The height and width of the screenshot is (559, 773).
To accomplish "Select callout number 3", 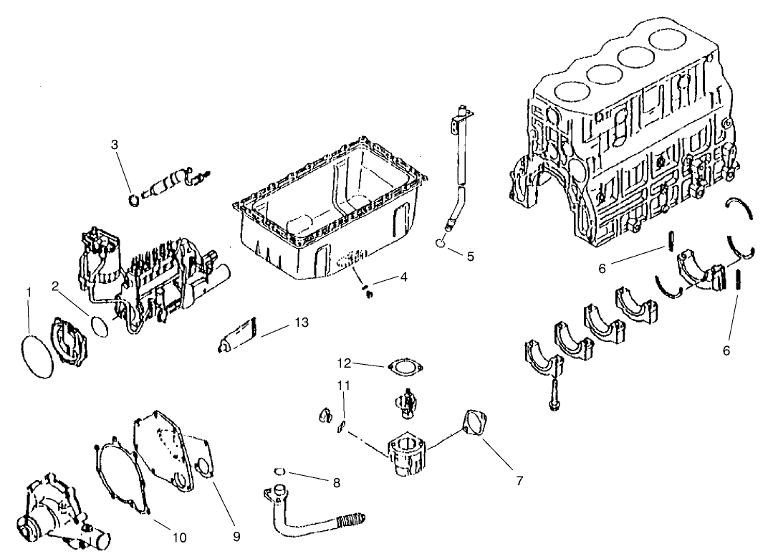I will [115, 144].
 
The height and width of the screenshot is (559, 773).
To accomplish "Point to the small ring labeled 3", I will [133, 199].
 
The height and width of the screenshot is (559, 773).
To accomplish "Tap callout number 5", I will [470, 256].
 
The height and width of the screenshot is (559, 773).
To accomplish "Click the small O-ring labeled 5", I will [444, 244].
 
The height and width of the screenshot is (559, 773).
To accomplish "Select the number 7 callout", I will [519, 480].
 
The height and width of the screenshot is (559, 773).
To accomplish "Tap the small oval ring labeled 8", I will [281, 472].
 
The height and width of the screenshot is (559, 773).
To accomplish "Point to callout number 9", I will [236, 535].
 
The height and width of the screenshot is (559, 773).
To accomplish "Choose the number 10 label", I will [179, 537].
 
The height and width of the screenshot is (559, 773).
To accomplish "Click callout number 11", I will [344, 386].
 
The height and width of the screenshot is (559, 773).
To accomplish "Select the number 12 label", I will [344, 362].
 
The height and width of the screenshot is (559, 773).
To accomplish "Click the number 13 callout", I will [302, 322].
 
